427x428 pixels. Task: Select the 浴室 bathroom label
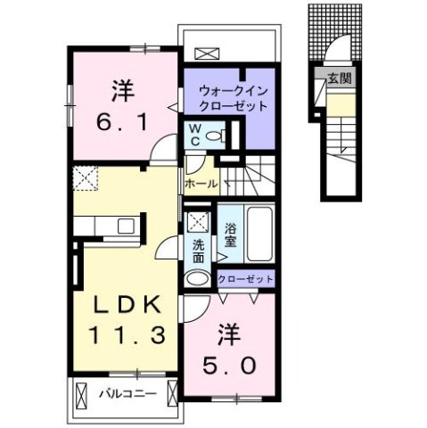[x=230, y=234]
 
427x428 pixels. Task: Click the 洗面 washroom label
[x=198, y=251]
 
